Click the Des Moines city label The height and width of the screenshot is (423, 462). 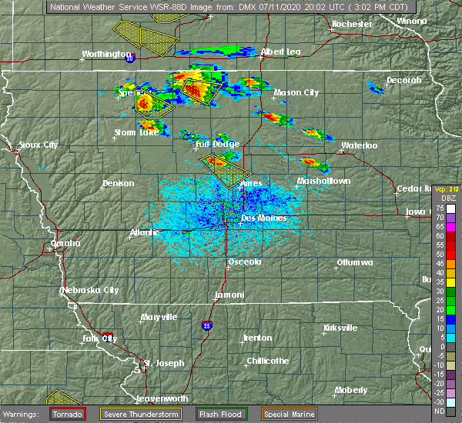click(x=263, y=218)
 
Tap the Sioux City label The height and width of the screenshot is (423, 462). click(x=39, y=145)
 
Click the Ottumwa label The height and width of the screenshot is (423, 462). click(x=354, y=263)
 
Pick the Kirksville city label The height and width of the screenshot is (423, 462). click(x=340, y=328)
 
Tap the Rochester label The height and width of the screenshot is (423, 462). click(x=352, y=25)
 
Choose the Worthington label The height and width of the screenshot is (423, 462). click(x=107, y=55)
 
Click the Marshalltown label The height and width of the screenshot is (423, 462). click(x=324, y=182)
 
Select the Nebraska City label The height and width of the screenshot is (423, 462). click(x=90, y=291)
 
